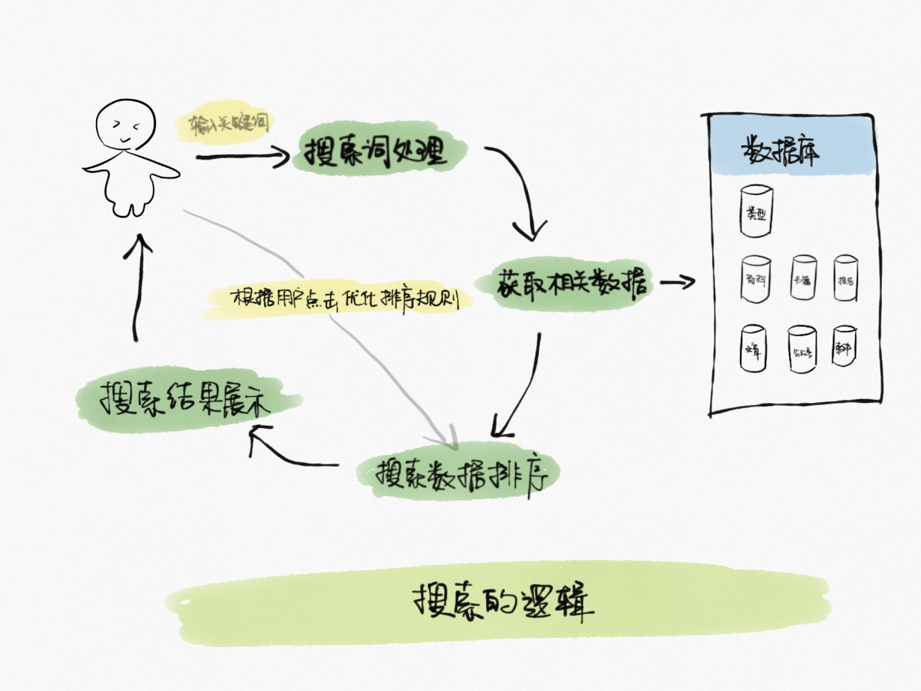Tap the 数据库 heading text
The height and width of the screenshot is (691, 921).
[x=780, y=151]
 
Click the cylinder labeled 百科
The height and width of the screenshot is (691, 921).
[x=756, y=279]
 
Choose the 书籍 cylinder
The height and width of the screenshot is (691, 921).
[x=803, y=278]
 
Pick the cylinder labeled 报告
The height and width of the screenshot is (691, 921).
[x=845, y=278]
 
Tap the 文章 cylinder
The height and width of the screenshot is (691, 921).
[x=753, y=348]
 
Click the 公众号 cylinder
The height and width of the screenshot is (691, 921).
[x=802, y=350]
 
